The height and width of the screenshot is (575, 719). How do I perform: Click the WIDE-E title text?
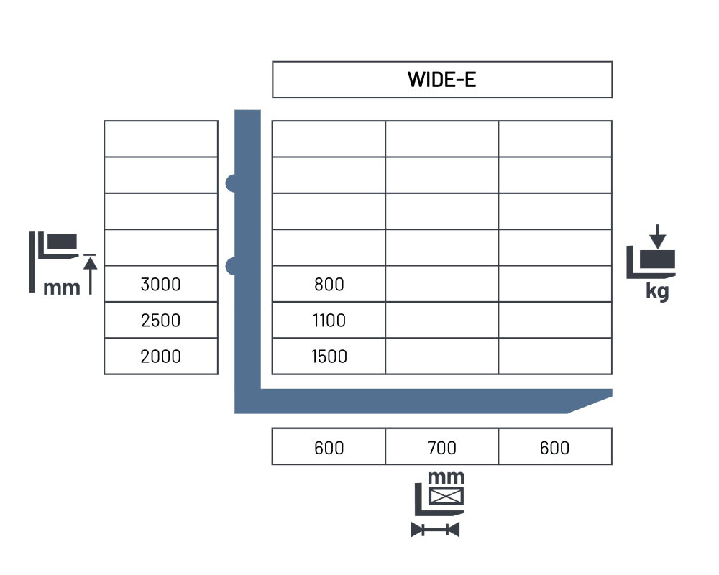[x=441, y=80]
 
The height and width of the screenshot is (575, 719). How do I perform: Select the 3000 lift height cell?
[x=160, y=285]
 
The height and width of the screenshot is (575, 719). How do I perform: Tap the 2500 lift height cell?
[x=160, y=321]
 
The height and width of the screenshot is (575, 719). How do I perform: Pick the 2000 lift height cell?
[x=160, y=356]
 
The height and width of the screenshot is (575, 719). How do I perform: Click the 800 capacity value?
[x=329, y=285]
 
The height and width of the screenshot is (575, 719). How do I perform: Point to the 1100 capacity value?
[x=329, y=321]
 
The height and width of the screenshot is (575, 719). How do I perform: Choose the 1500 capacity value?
[x=329, y=356]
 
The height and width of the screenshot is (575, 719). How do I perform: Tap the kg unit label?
[x=658, y=291]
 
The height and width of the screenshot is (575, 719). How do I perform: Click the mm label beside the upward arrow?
[x=61, y=288]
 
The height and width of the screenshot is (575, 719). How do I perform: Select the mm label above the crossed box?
[x=446, y=478]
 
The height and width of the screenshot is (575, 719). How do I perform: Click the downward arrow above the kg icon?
[x=658, y=236]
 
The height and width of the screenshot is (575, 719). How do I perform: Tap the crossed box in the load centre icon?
[x=446, y=496]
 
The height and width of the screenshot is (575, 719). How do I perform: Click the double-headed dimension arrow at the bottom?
[x=435, y=530]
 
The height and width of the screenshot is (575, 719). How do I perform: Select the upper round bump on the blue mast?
[x=231, y=183]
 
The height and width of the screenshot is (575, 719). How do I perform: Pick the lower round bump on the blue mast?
[x=231, y=266]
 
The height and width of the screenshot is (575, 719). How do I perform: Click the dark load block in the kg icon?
[x=658, y=259]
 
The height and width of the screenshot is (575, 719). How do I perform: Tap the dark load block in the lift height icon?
[x=63, y=241]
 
